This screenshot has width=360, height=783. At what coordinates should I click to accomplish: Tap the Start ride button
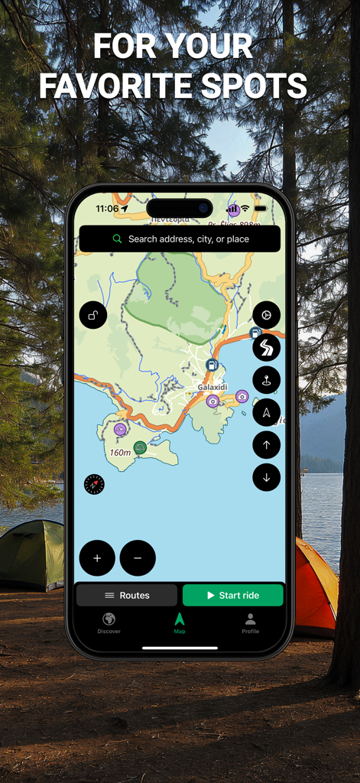pos(232,595)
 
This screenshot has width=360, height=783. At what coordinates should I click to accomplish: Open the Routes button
pos(127,595)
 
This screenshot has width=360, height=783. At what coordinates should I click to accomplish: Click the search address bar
pos(180,239)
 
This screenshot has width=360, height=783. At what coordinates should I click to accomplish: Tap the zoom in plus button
pos(97,558)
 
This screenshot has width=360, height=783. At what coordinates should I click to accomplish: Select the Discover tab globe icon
pos(109,619)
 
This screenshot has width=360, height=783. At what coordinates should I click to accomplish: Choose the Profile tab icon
pos(250,619)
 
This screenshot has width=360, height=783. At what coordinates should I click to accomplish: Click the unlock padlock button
pos(93,315)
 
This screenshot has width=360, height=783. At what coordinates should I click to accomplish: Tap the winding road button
pos(266,348)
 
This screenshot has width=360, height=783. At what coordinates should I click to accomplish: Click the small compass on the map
pos(94,484)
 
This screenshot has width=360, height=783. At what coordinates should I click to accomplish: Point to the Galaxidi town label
pos(212,388)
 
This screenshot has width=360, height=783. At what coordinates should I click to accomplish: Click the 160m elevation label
pos(120,453)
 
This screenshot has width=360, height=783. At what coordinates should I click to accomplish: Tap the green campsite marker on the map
pos(140,447)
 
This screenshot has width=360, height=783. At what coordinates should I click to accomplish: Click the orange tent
pos(316,585)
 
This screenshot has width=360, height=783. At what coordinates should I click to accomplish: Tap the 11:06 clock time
pos(107,209)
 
